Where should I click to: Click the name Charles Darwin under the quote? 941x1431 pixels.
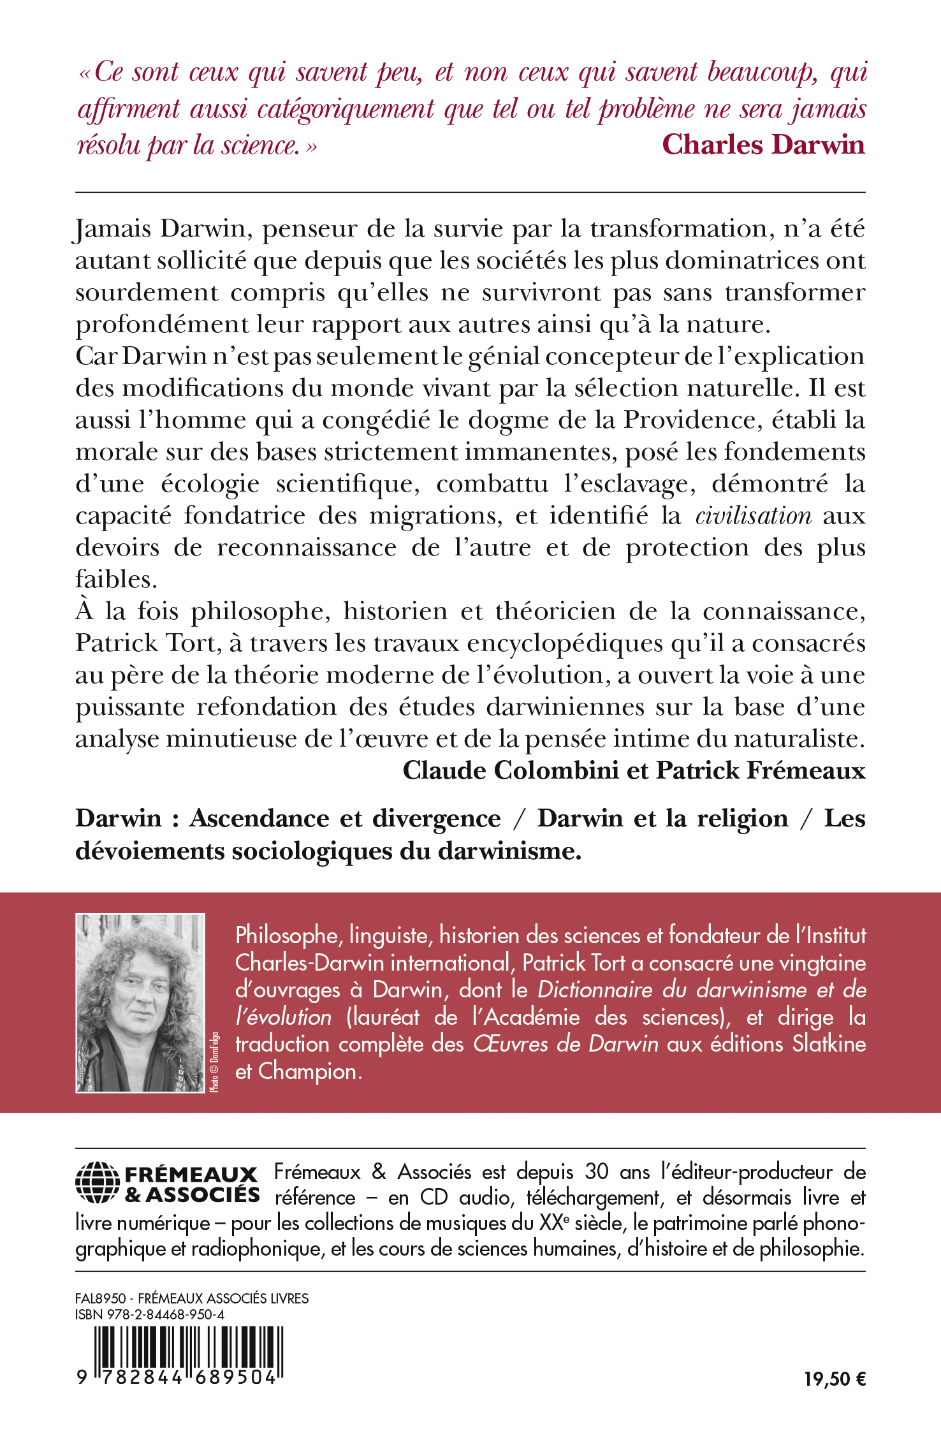[763, 145]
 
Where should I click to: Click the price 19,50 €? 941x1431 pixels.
[835, 1379]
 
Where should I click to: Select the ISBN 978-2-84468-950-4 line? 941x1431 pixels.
[150, 1315]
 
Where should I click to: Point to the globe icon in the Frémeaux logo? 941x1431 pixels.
[97, 1183]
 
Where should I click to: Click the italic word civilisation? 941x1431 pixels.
[753, 516]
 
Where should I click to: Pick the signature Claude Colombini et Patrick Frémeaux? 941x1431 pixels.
[634, 771]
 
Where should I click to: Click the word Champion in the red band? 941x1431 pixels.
[309, 1071]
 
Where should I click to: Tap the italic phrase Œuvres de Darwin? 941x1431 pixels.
[565, 1044]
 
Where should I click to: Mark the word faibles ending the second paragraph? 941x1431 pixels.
[116, 580]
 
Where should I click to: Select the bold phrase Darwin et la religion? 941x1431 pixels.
[662, 818]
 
